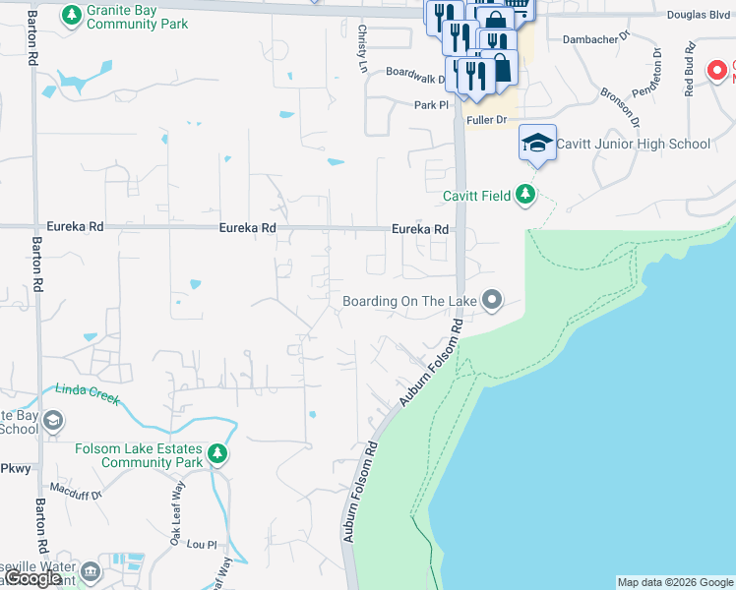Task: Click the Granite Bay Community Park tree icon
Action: tap(72, 15)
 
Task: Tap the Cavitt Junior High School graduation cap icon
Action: tap(537, 144)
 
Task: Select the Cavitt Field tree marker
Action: tap(526, 195)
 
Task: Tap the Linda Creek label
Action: tap(88, 392)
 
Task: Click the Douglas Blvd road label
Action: tap(699, 15)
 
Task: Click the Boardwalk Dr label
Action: tap(415, 72)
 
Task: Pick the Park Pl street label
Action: tap(431, 104)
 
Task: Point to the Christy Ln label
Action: tap(362, 49)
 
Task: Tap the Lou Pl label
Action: tap(201, 543)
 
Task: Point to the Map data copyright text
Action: tap(674, 582)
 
